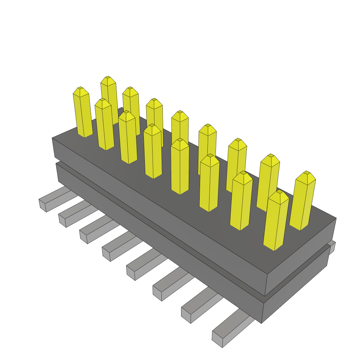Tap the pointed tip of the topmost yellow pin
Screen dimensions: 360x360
click(x=108, y=77)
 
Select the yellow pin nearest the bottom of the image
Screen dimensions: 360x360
click(x=276, y=221)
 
